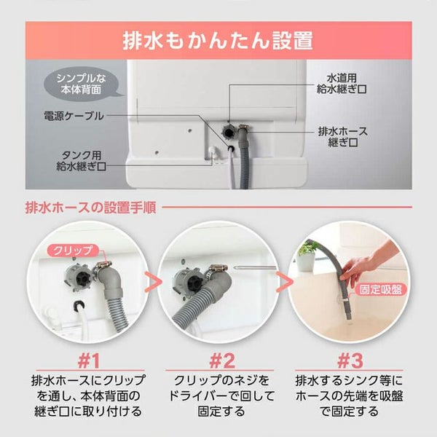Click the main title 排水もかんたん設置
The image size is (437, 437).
[218, 41]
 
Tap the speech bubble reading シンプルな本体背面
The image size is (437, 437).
[82, 84]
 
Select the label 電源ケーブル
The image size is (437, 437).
[74, 116]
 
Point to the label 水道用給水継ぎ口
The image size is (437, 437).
[342, 84]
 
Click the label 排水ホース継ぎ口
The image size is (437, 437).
[343, 137]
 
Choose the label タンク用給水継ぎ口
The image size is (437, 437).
[81, 161]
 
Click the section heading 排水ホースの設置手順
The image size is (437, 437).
[90, 208]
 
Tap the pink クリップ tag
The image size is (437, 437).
[73, 251]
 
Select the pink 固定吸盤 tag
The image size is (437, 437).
[380, 290]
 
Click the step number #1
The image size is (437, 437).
[89, 361]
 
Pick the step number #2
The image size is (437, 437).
[222, 361]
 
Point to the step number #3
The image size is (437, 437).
[350, 361]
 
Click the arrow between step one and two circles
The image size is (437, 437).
[153, 282]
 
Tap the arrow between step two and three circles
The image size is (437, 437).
[284, 282]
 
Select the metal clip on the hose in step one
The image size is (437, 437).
[102, 267]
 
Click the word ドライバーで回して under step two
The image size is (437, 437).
[221, 396]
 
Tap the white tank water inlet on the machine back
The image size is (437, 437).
[213, 151]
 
